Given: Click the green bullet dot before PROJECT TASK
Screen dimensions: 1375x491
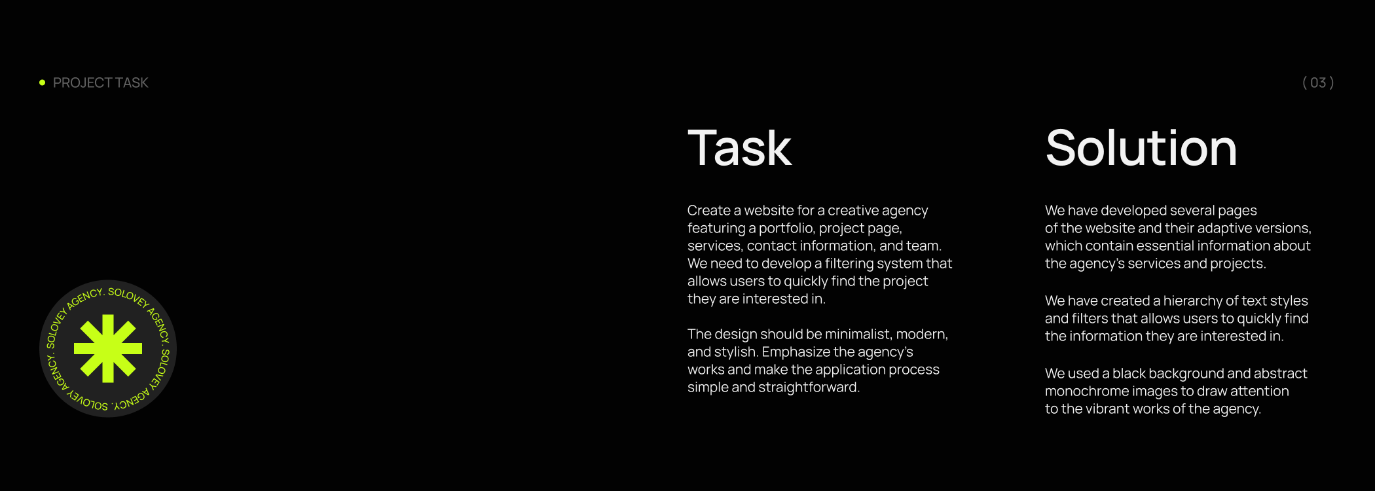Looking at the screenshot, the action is pyautogui.click(x=42, y=82).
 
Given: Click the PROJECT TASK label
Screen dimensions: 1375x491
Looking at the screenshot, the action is pyautogui.click(x=101, y=82).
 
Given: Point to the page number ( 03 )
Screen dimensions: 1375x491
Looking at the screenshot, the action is pyautogui.click(x=1318, y=82).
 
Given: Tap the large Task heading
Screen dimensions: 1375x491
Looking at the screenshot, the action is pyautogui.click(x=739, y=148).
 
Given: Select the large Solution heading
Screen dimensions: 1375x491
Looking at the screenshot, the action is pyautogui.click(x=1141, y=148).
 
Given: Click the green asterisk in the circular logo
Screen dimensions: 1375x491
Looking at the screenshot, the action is pyautogui.click(x=108, y=348).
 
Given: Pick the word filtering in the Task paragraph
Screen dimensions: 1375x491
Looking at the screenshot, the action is pyautogui.click(x=850, y=263).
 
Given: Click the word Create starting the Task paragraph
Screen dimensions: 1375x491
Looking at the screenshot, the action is pyautogui.click(x=709, y=211).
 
